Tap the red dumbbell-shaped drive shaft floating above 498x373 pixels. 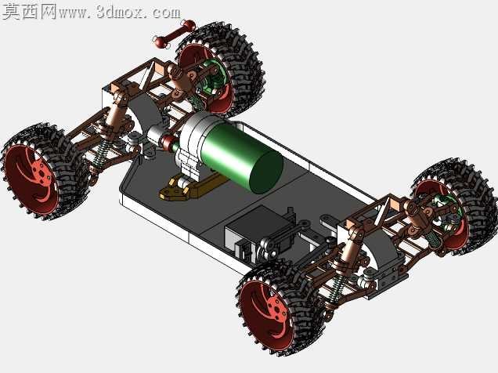pyautogui.click(x=175, y=33)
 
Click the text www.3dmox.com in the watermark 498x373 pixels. pyautogui.click(x=120, y=13)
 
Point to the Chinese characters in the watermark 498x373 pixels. pyautogui.click(x=29, y=12)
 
